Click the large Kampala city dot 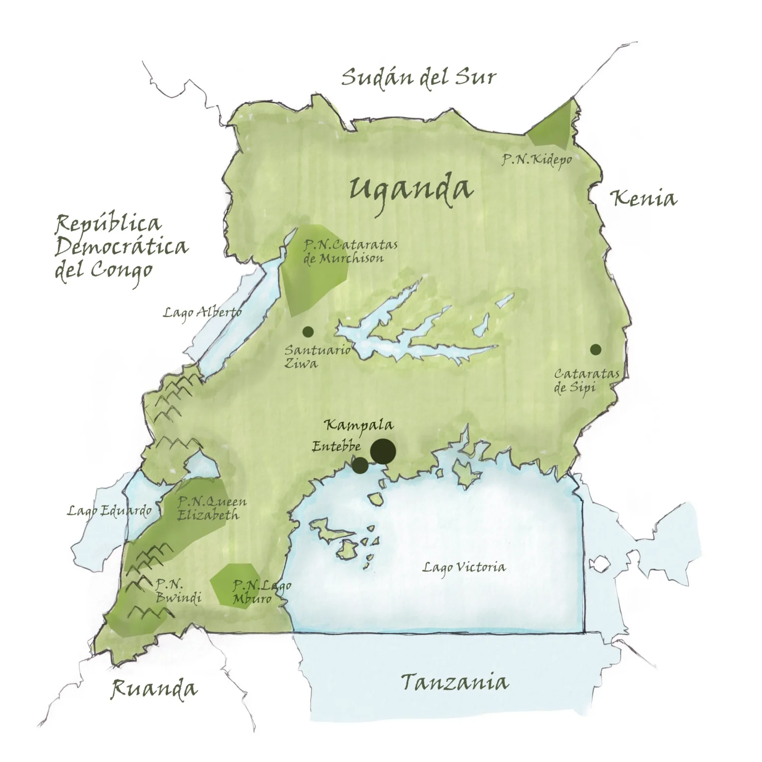382,451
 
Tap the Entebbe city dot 360,465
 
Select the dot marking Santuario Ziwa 308,331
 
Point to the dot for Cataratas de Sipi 596,349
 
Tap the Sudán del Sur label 418,78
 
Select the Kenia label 643,198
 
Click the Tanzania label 454,683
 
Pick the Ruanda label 153,689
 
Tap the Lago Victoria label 464,567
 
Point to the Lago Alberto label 202,312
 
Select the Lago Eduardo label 110,511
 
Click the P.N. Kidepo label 536,160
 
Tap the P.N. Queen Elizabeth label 211,508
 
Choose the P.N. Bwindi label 178,591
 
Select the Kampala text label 359,425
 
